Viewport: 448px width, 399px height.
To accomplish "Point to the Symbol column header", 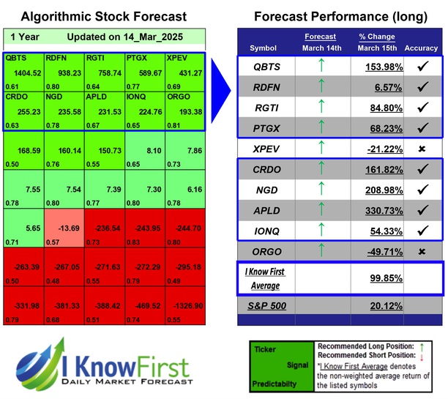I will point(264,48).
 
